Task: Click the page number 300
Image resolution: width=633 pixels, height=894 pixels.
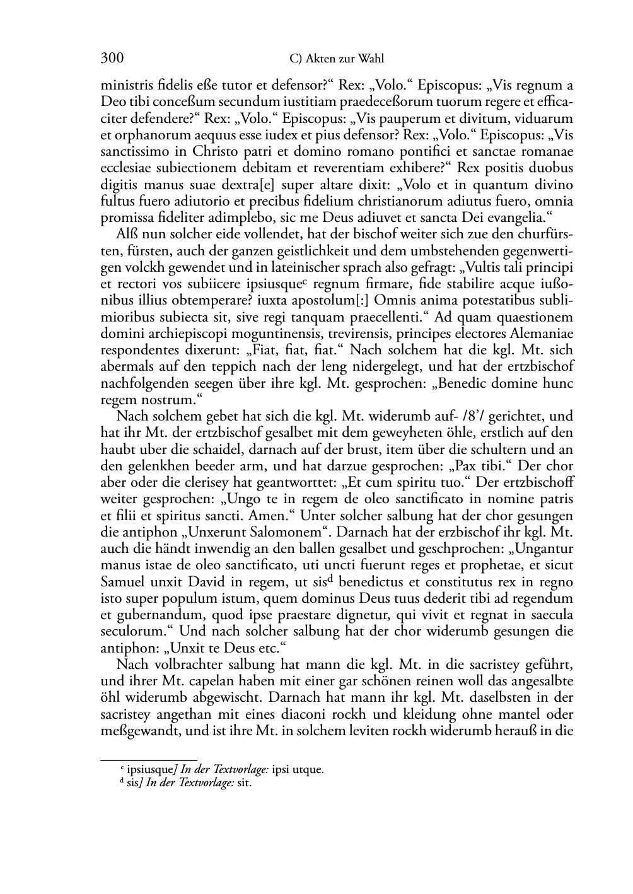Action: click(112, 59)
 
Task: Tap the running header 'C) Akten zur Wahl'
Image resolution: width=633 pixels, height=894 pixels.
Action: click(337, 59)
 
